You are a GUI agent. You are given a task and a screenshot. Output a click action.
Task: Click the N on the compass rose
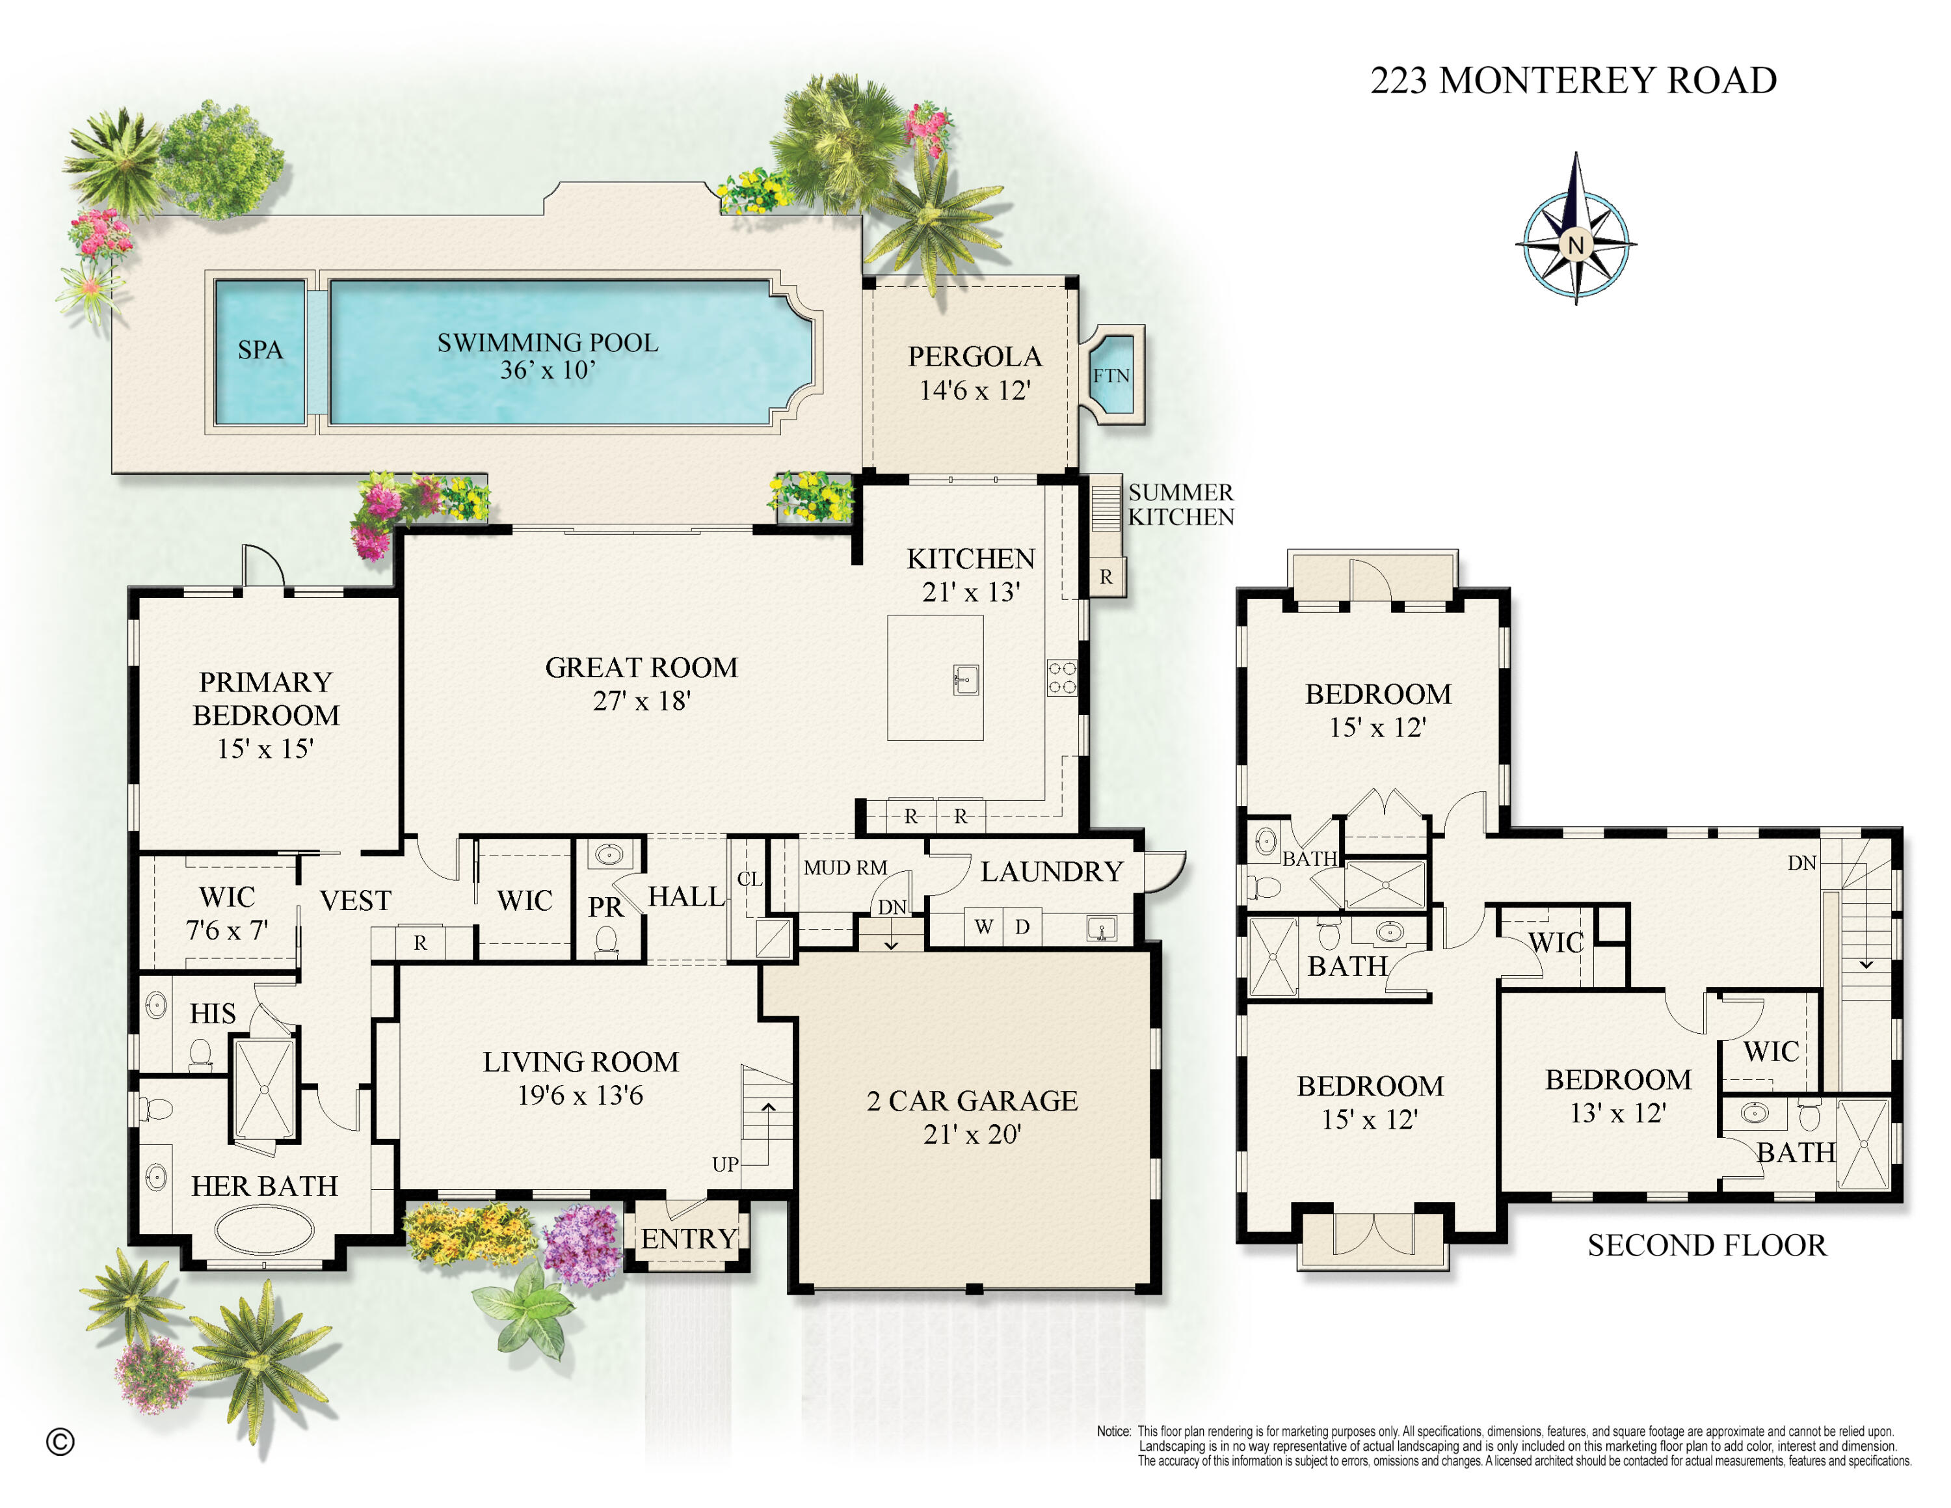pos(1575,245)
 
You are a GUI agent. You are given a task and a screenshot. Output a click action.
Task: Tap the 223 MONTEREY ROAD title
pos(1573,81)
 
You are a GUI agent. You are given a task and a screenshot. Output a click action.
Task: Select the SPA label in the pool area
pos(260,349)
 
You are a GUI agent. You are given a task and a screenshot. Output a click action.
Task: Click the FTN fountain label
pos(1111,376)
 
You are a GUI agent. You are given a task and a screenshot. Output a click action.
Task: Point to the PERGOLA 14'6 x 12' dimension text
pos(975,390)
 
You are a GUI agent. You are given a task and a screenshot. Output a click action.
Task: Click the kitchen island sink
pos(965,680)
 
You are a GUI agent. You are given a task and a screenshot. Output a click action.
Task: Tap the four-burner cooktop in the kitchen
pos(1061,677)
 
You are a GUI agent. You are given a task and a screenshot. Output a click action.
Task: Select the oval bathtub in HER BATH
pos(265,1230)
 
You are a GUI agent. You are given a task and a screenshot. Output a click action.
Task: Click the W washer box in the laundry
pos(983,926)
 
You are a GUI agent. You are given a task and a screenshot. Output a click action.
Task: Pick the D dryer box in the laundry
pos(1022,926)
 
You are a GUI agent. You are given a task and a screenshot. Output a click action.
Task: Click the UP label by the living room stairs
pos(724,1164)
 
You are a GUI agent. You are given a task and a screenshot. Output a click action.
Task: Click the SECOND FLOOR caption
pos(1706,1245)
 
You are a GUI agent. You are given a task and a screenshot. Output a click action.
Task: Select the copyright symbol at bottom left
pos(60,1441)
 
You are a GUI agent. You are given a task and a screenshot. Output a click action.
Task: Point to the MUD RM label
pos(844,867)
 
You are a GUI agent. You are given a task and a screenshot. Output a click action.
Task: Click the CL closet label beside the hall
pos(749,879)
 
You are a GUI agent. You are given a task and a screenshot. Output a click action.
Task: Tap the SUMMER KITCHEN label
pos(1180,505)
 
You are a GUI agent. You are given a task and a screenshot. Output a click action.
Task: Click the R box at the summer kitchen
pos(1106,577)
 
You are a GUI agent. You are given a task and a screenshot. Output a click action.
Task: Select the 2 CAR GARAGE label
pos(972,1101)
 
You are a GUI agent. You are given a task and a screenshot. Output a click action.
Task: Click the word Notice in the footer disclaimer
pos(1113,1431)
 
